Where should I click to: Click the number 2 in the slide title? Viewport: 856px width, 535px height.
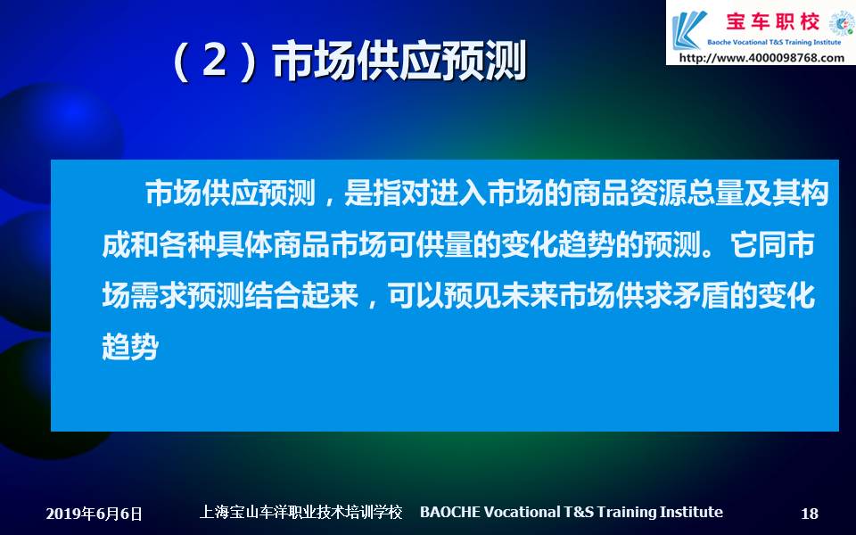(x=216, y=61)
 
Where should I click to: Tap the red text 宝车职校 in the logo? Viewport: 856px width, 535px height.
(x=773, y=21)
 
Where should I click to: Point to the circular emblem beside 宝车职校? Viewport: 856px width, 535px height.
(x=841, y=25)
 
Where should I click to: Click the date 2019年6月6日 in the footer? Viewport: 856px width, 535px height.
(x=94, y=514)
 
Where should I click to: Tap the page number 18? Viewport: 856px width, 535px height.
(x=810, y=514)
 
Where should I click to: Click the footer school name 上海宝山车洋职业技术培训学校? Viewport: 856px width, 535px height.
(x=300, y=512)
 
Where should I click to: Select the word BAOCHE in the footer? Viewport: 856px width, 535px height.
(x=450, y=512)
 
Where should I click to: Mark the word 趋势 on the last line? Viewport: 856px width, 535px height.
(x=130, y=346)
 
